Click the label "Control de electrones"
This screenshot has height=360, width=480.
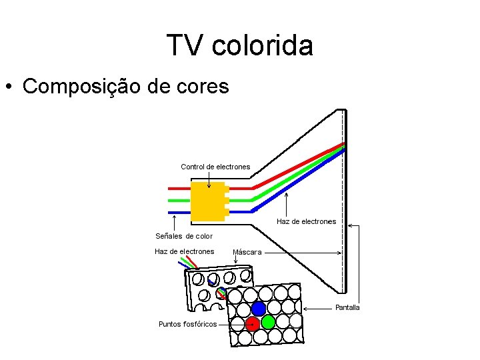click(215, 167)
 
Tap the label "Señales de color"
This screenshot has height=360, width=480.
click(184, 236)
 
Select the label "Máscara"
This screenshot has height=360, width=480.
click(247, 253)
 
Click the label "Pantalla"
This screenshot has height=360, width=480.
click(347, 307)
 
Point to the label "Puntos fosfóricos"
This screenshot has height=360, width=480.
click(187, 324)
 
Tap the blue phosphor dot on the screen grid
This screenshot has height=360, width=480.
click(259, 309)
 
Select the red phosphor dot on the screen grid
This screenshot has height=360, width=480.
click(252, 324)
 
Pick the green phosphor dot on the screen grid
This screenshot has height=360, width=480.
click(268, 323)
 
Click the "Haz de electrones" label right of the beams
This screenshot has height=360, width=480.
click(306, 221)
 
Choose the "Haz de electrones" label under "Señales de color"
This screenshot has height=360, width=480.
click(184, 251)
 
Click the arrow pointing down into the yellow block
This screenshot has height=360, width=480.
click(209, 180)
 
